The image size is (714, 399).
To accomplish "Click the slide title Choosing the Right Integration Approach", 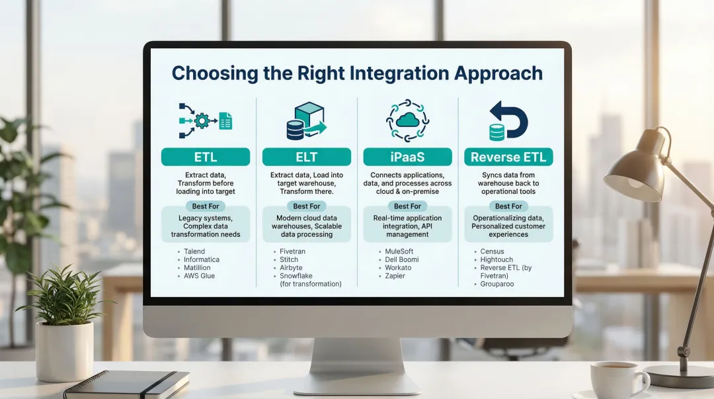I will (x=357, y=73).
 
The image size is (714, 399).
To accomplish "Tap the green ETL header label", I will (x=206, y=157).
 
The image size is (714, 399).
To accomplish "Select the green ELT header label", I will (x=306, y=157).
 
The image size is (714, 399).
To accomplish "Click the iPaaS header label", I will (x=407, y=157).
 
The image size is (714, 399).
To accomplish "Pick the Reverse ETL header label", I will (x=508, y=157).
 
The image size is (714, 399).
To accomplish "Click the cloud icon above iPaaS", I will (x=408, y=120).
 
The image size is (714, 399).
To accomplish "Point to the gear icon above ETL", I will (x=202, y=121).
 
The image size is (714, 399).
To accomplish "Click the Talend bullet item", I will (x=194, y=251).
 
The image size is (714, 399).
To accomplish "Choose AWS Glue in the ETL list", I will (x=199, y=276).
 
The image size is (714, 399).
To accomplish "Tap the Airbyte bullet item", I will (x=291, y=268).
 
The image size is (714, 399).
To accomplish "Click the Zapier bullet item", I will (x=395, y=276).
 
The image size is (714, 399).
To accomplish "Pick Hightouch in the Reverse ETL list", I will (x=496, y=260).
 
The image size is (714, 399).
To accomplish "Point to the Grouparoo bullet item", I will (x=497, y=284).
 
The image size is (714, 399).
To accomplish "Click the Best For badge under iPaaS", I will (x=407, y=206).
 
